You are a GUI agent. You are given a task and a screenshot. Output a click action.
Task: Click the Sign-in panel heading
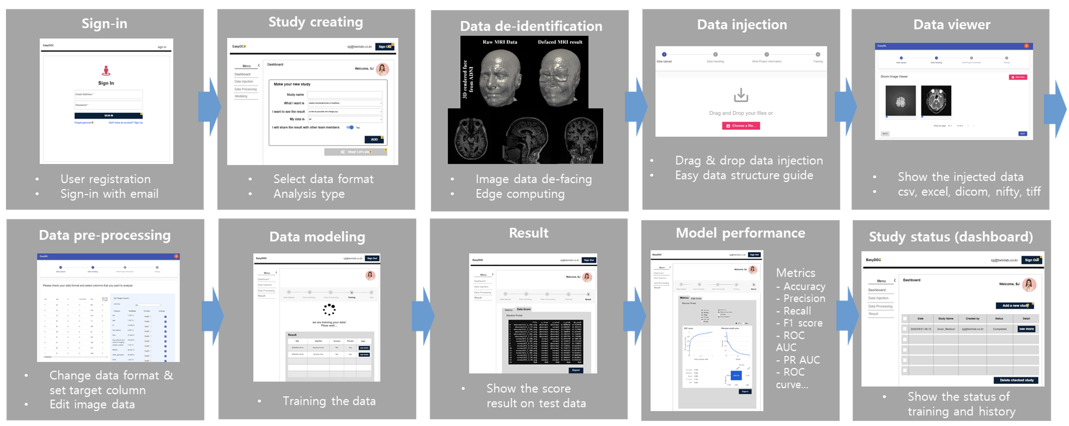point(104,23)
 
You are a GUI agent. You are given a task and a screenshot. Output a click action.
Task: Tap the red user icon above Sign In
point(106,70)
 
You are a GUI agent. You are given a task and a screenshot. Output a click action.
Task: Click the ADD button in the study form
point(374,139)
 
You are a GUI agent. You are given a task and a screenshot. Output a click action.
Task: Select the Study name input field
point(345,95)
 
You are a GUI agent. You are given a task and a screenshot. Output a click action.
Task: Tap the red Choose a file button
point(740,126)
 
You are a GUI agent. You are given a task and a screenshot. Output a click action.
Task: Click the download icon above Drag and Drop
point(741,95)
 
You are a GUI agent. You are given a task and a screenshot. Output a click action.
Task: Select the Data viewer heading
point(952,25)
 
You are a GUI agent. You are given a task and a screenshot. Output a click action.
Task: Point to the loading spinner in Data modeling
point(329,309)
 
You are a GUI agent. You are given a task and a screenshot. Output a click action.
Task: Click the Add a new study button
point(1015,305)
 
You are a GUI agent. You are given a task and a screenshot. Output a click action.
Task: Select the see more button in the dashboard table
point(1026,329)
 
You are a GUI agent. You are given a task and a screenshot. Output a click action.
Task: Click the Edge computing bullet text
point(520,194)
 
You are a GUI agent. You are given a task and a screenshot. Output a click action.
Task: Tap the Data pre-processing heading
point(105,235)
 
